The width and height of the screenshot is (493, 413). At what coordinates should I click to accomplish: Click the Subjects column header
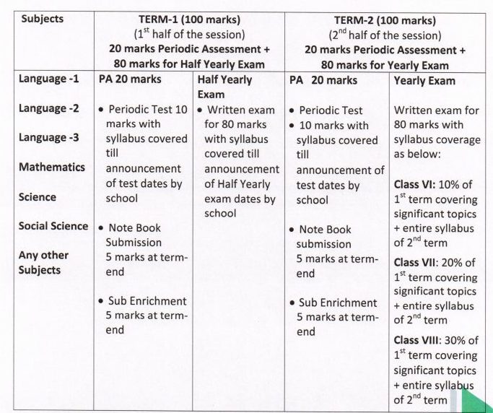click(42, 19)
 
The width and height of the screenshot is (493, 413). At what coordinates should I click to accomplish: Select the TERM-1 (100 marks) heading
click(188, 19)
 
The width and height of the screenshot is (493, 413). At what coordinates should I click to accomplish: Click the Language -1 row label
click(48, 78)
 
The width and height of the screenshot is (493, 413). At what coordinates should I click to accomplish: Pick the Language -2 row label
click(48, 108)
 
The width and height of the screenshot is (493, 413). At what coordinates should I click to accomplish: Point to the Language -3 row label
click(48, 137)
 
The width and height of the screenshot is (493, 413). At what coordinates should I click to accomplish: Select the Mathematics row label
click(52, 167)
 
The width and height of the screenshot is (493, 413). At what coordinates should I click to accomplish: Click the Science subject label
click(38, 196)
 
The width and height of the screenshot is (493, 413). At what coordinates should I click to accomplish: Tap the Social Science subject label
click(53, 226)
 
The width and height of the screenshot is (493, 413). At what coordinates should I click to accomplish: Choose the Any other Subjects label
click(44, 262)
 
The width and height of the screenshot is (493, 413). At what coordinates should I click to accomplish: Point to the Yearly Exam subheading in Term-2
click(424, 81)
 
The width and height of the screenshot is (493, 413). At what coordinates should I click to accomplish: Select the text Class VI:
click(416, 185)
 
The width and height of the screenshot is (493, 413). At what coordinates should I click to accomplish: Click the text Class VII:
click(419, 263)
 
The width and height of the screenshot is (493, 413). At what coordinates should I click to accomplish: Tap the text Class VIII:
click(421, 339)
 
